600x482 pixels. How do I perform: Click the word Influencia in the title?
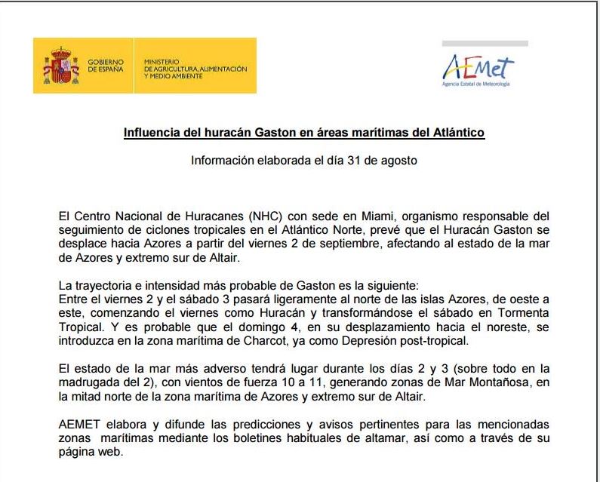(x=151, y=133)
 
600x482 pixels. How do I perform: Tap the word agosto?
(x=399, y=160)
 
